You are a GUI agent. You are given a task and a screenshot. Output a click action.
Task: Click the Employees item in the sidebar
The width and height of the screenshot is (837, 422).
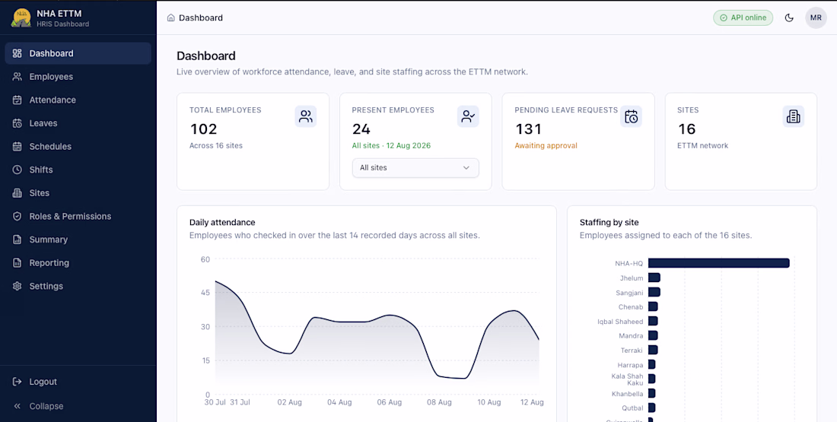51,77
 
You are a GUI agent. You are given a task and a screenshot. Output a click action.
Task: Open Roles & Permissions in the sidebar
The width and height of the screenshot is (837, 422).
70,216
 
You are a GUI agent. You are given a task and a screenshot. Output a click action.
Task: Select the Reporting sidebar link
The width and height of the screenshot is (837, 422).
49,263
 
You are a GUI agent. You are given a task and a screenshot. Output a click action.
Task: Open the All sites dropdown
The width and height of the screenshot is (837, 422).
415,167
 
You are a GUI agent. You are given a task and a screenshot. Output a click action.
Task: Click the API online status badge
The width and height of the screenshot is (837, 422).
743,17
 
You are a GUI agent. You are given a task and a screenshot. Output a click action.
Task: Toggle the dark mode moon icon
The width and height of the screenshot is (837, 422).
789,17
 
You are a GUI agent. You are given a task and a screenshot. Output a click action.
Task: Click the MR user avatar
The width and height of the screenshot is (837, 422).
816,17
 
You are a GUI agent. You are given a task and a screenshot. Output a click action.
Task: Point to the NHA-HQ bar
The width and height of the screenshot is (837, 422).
718,263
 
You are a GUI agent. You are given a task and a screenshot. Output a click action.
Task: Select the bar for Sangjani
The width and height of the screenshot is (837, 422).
654,293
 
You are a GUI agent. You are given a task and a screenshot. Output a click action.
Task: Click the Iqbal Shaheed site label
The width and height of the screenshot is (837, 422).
620,322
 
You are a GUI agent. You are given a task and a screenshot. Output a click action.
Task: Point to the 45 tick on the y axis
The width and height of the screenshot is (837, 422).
205,293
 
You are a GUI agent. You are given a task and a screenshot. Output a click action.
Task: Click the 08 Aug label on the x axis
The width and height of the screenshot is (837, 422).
440,402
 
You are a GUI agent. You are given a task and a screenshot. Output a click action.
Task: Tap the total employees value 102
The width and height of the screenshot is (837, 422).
203,129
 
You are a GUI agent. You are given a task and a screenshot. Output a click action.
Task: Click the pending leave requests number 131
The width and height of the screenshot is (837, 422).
529,129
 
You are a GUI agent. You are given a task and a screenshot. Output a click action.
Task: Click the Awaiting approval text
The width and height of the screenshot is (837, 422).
546,146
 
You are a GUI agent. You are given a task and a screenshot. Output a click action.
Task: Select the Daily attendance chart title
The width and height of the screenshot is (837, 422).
222,223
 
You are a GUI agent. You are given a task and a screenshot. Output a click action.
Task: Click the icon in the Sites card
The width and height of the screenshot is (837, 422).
793,116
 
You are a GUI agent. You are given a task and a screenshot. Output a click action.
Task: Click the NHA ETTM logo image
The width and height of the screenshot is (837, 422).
21,17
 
